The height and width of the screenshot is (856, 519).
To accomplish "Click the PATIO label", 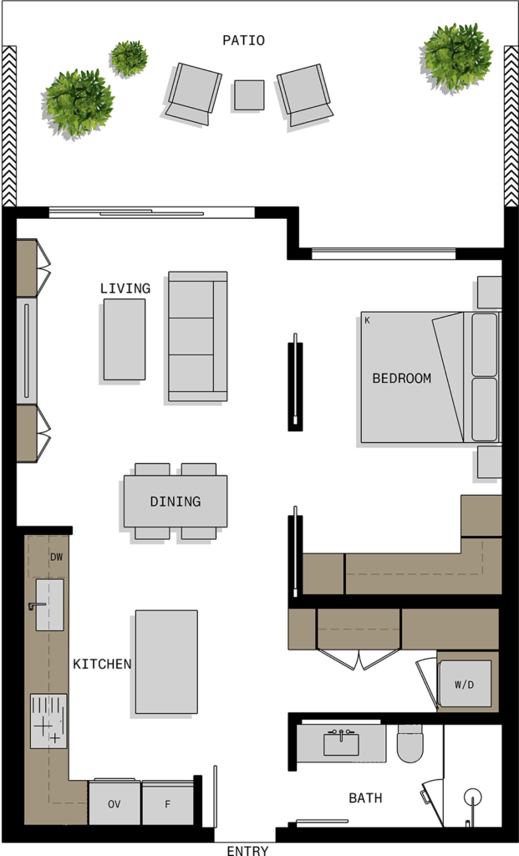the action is [x=243, y=40].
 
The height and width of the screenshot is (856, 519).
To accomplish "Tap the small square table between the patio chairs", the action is [x=249, y=95].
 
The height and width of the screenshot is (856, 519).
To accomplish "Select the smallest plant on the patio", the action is [x=128, y=58].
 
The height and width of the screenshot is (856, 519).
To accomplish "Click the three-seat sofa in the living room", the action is [x=197, y=336].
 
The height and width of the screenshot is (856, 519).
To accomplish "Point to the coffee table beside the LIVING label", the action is [x=125, y=339].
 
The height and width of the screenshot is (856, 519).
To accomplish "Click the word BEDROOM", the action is [x=402, y=378].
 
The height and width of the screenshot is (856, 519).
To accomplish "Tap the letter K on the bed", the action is [x=367, y=320].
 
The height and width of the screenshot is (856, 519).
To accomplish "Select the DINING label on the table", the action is [x=176, y=502].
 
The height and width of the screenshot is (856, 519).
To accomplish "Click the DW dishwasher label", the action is [x=57, y=558].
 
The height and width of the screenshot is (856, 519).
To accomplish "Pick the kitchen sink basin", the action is [x=49, y=605].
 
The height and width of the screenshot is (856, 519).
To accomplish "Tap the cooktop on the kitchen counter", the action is [x=48, y=721].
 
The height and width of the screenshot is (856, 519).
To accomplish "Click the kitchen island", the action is [x=166, y=662].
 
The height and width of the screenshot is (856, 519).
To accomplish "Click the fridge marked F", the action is [x=167, y=802].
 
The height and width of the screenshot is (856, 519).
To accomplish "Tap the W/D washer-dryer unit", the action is [x=465, y=685].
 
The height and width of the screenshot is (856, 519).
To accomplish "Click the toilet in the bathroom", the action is [x=410, y=743].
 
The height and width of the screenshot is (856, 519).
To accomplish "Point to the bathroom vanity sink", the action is [x=341, y=743].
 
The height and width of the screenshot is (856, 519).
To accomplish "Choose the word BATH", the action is [x=365, y=797].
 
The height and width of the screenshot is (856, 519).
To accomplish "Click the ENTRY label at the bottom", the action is [x=247, y=850].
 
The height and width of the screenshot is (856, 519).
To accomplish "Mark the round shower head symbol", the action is [x=472, y=797].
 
